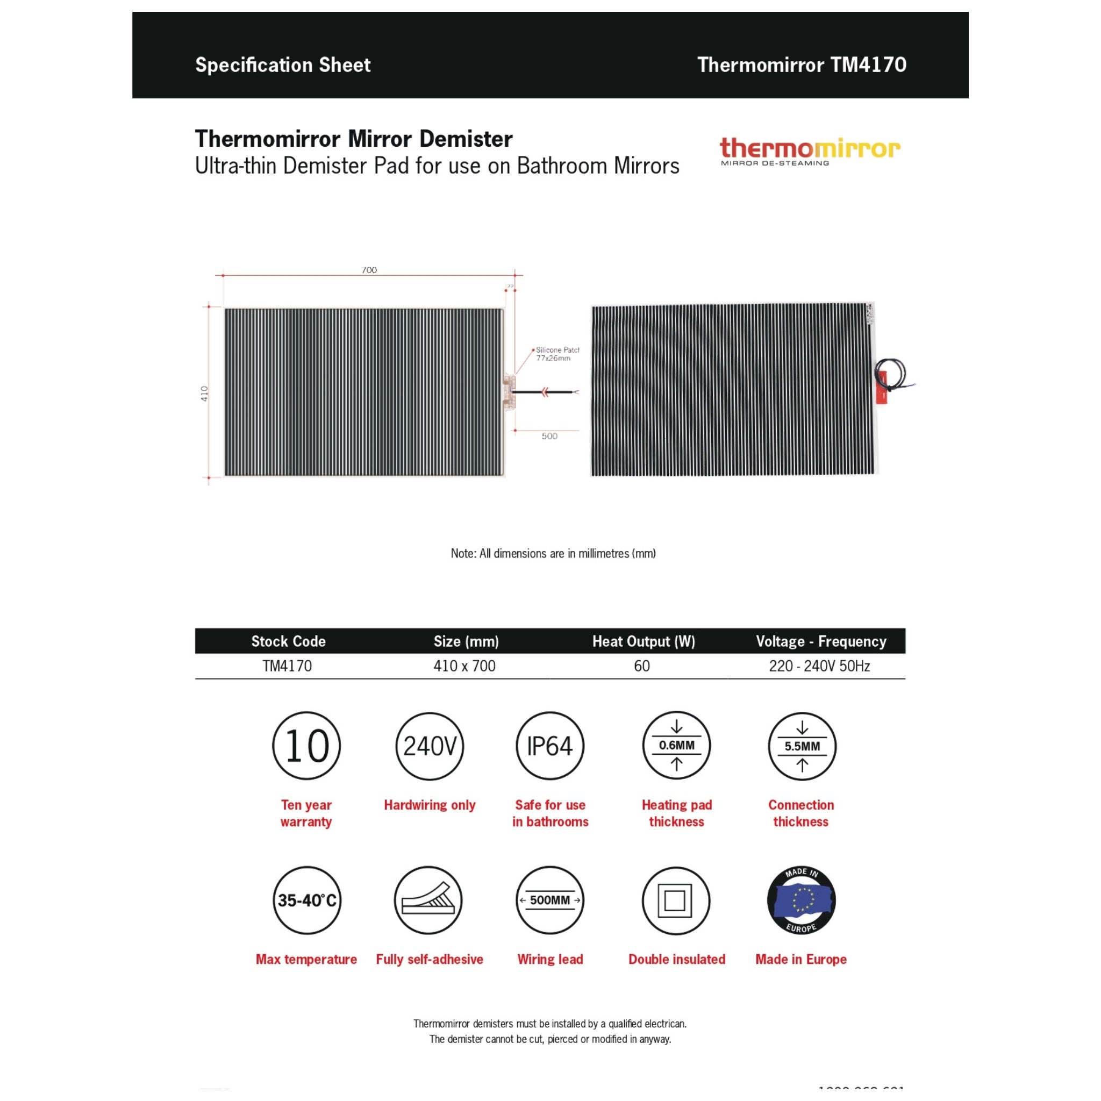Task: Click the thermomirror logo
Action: point(809,151)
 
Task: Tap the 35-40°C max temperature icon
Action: point(306,900)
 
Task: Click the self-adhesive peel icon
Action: point(428,900)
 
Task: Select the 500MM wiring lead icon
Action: point(550,900)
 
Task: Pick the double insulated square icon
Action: point(676,900)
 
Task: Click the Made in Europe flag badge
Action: point(801,900)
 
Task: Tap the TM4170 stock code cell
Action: point(287,666)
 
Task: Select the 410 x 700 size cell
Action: point(464,666)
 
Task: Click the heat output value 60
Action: point(642,666)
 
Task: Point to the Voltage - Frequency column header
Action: point(820,641)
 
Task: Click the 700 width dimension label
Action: point(369,269)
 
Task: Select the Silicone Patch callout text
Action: point(557,354)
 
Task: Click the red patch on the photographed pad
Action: point(882,388)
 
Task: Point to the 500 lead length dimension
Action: point(549,436)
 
